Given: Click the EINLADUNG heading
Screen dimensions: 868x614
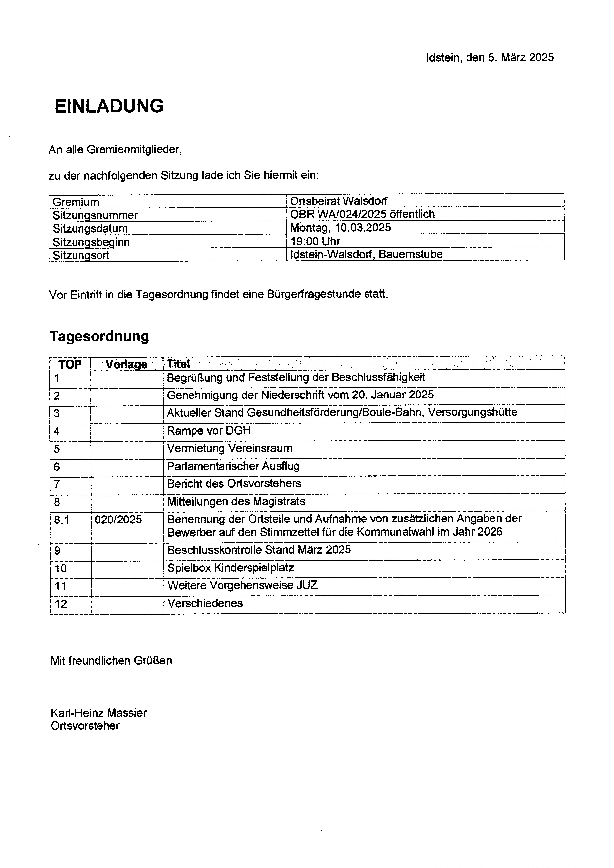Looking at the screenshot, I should click(109, 106).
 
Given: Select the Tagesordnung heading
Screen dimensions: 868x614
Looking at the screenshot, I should click(99, 336).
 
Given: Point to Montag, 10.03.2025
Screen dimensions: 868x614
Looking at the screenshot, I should click(340, 228).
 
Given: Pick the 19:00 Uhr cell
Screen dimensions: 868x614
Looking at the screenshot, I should click(315, 241).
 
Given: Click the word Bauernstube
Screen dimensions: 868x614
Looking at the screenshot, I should click(411, 254).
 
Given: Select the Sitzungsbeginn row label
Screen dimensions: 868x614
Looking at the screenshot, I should click(91, 242).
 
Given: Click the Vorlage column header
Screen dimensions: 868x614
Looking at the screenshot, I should click(126, 364).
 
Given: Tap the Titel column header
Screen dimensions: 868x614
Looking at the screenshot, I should click(178, 364).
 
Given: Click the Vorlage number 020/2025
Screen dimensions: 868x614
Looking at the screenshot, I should click(118, 520).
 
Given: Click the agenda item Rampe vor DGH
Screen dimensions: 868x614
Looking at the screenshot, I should click(209, 431).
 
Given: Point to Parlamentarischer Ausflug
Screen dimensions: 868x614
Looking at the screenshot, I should click(233, 466).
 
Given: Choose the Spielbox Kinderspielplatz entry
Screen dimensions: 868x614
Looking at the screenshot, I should click(231, 568).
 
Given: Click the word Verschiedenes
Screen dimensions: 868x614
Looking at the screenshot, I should click(205, 603).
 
